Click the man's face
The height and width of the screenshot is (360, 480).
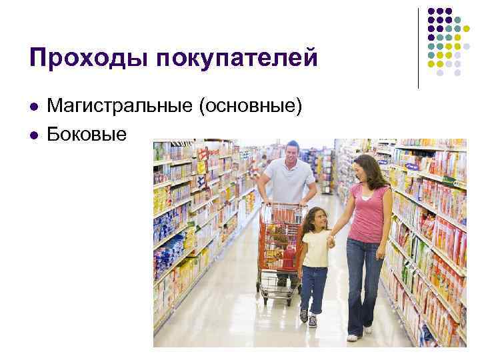[x=291, y=155]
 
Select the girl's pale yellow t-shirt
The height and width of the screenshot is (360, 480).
[x=314, y=247]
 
